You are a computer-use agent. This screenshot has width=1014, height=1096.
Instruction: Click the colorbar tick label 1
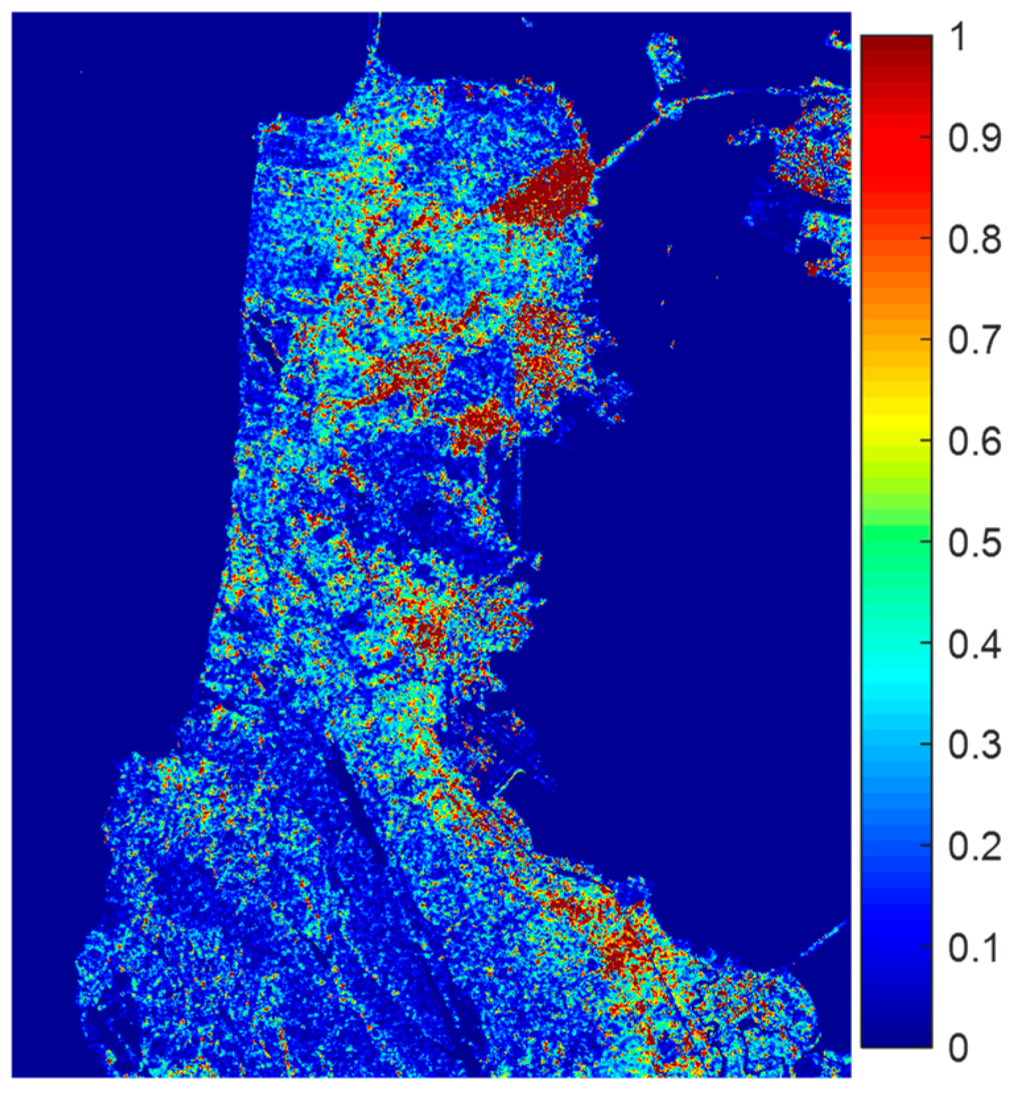(x=959, y=38)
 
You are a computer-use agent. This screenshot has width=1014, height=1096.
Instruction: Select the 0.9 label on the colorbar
(x=974, y=138)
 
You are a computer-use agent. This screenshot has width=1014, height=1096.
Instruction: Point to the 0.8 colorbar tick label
(x=974, y=240)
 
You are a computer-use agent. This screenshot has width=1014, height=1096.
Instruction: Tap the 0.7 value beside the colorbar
(x=974, y=341)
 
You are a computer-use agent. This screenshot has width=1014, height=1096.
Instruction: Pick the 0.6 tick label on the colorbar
(x=974, y=442)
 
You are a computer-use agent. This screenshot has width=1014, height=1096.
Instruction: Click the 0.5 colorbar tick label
(x=974, y=543)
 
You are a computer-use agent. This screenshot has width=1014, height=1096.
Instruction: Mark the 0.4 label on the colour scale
(x=974, y=644)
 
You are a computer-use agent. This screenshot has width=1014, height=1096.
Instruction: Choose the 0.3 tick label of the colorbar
(x=974, y=745)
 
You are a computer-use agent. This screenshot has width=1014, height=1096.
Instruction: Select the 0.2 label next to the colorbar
(x=974, y=847)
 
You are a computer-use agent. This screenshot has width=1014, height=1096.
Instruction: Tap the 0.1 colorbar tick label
(x=974, y=948)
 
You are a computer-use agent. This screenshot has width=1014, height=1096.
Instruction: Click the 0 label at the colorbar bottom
(x=959, y=1047)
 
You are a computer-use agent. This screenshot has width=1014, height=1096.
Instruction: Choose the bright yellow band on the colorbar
(x=897, y=422)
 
